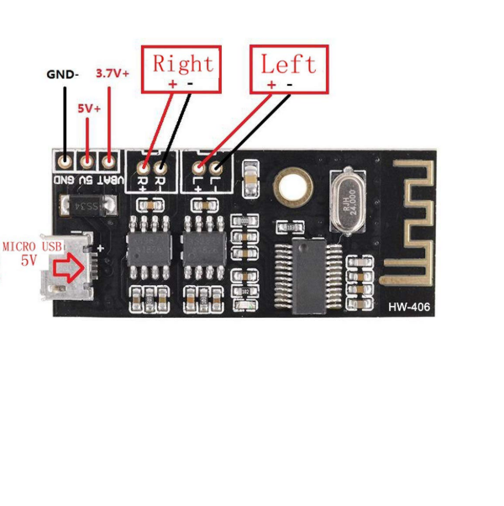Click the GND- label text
[62, 74]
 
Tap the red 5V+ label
[89, 108]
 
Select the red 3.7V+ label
[113, 73]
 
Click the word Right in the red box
[183, 64]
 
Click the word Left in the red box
[288, 64]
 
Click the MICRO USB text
[33, 246]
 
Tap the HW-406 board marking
[409, 308]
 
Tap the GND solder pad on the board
[65, 159]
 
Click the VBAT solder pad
[107, 159]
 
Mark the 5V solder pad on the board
[86, 159]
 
